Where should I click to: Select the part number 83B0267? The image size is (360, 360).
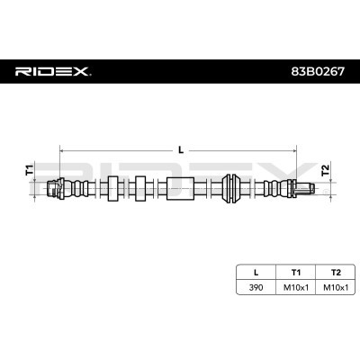point(318,72)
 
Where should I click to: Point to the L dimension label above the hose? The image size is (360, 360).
point(181,149)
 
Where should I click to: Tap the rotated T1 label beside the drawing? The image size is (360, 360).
point(30,170)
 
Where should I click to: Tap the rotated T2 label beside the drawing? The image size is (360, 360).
point(325,170)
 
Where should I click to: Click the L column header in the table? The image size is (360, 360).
point(256,273)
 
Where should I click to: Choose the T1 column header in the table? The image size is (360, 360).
point(296,273)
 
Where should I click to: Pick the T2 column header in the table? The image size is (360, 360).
point(336,273)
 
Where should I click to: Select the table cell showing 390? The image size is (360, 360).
point(256,288)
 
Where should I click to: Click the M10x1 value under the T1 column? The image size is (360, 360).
point(296,288)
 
